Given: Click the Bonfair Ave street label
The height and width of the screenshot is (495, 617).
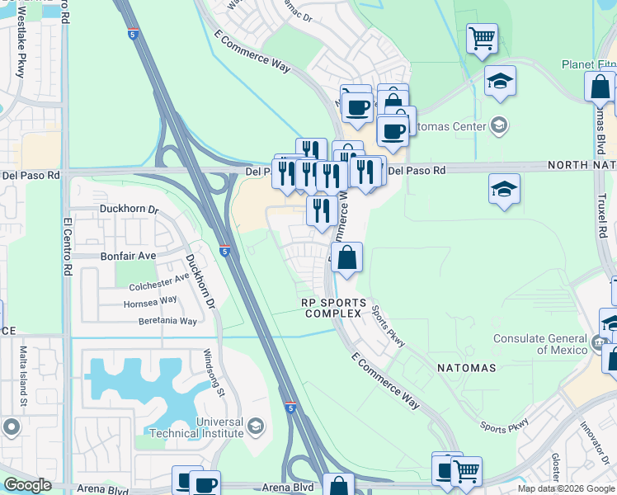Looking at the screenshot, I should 128,256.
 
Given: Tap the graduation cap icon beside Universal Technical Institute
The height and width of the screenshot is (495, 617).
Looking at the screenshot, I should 256,426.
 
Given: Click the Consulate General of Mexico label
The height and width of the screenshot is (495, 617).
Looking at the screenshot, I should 541,344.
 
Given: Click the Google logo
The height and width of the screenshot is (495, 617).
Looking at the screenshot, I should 27,485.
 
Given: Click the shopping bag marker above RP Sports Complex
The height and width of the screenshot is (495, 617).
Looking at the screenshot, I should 347,257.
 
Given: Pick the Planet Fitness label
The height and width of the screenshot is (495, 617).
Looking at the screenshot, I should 589,64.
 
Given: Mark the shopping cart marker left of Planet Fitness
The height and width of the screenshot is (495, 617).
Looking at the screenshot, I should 482,38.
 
